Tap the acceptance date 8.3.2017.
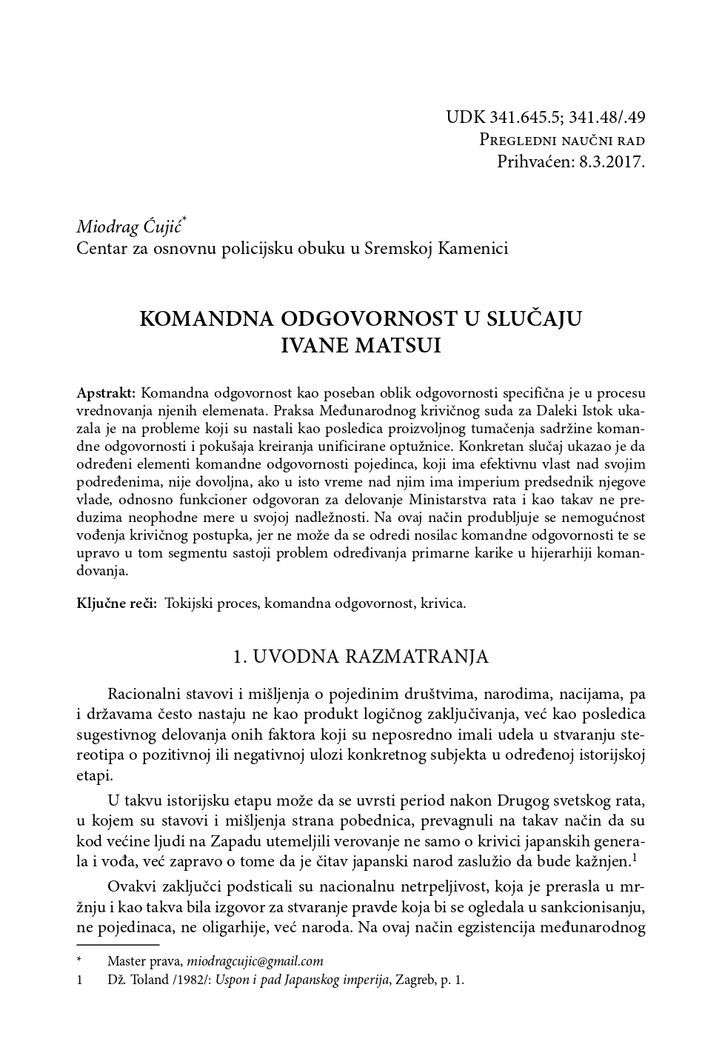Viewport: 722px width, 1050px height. [x=610, y=161]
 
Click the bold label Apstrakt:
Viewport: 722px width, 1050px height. [x=106, y=392]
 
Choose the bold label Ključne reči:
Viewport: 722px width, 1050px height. [x=117, y=603]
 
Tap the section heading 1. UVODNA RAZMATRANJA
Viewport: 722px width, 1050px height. [x=361, y=657]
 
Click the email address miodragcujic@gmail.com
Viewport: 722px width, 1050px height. [x=255, y=961]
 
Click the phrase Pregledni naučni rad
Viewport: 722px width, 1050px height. [x=562, y=140]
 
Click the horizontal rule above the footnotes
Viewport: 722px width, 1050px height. [x=118, y=945]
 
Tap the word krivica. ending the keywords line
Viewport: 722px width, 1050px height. [x=443, y=603]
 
